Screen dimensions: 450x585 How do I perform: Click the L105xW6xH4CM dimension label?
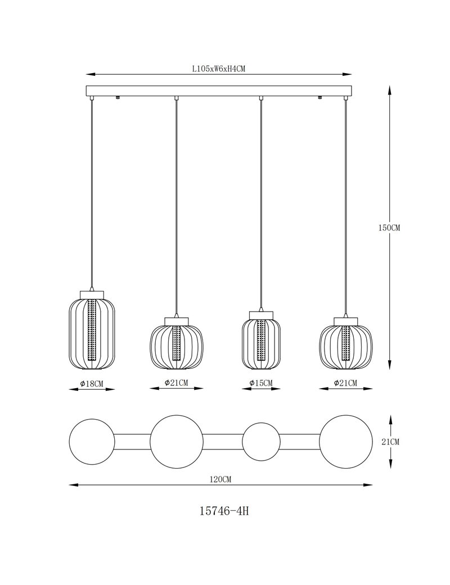point(218,69)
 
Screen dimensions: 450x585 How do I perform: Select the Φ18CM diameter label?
point(92,384)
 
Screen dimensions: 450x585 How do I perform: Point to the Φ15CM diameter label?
point(261,383)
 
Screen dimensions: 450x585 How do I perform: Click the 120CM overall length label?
point(221,479)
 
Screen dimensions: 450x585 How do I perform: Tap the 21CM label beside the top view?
point(390,442)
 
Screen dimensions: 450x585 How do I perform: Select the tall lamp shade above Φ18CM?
point(92,330)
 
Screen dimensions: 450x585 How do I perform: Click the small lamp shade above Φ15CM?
point(261,341)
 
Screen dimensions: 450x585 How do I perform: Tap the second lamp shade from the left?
point(177,343)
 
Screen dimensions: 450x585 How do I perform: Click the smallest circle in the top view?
point(261,442)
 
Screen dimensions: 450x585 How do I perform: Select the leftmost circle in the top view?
point(92,442)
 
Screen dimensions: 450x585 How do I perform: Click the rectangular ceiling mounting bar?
point(219,91)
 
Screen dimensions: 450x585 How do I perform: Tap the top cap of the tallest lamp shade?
point(92,295)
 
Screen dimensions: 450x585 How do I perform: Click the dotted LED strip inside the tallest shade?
point(92,334)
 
